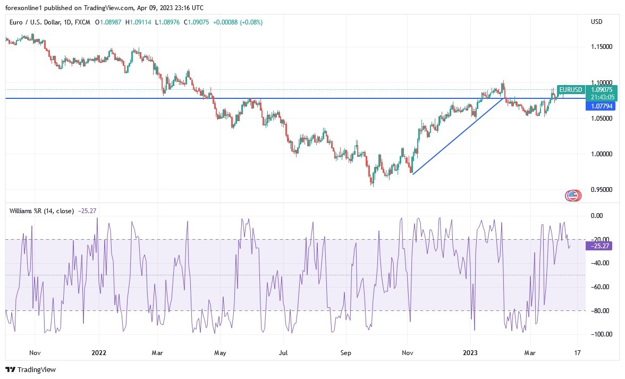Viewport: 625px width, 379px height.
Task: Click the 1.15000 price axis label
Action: click(602, 47)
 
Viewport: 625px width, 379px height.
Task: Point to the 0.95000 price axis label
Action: click(602, 190)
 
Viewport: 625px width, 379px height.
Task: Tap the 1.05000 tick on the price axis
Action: click(602, 119)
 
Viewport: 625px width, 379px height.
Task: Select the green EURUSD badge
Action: click(571, 90)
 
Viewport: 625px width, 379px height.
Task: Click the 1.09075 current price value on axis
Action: click(602, 89)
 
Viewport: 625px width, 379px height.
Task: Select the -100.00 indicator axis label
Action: click(601, 334)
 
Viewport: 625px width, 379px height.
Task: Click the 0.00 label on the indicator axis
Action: click(597, 216)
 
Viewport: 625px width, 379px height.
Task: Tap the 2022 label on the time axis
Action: click(99, 352)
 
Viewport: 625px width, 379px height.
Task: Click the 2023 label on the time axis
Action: click(471, 352)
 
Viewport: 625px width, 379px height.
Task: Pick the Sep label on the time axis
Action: click(346, 352)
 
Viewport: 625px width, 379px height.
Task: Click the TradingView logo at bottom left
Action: click(31, 369)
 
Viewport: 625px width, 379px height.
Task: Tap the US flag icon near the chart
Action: click(572, 196)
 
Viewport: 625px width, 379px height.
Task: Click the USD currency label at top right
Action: click(596, 22)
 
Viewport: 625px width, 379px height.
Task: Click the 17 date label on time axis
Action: click(578, 352)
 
